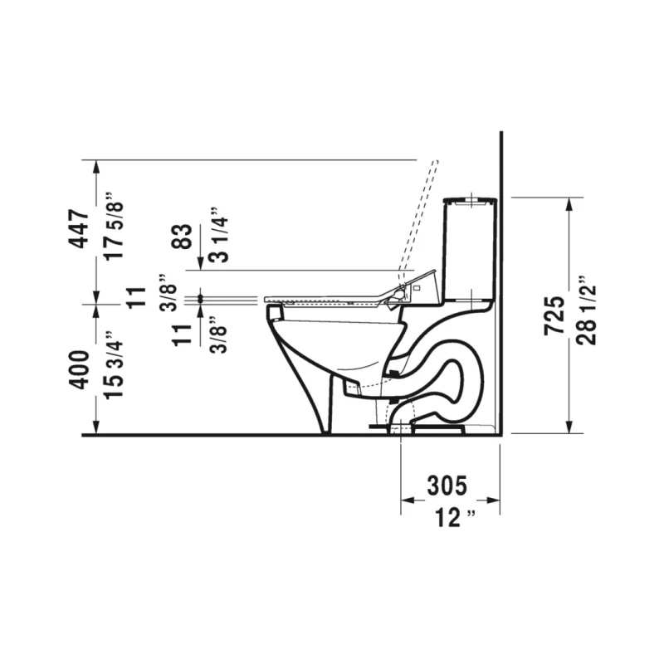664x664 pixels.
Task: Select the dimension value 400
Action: tap(79, 369)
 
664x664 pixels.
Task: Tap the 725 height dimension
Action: tap(554, 315)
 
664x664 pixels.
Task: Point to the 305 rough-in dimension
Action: tap(447, 486)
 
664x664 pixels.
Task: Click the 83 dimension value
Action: tap(183, 237)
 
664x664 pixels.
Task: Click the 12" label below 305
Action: tap(455, 518)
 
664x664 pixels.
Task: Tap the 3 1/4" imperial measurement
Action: tap(219, 235)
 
